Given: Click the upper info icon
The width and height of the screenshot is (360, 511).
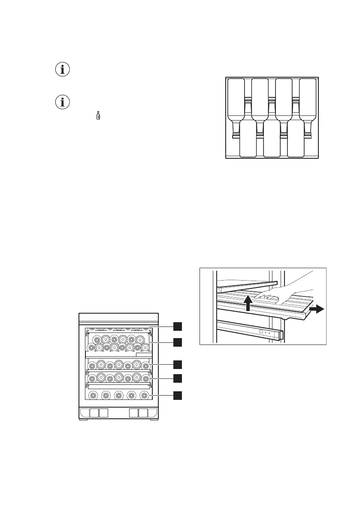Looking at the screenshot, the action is pyautogui.click(x=63, y=70).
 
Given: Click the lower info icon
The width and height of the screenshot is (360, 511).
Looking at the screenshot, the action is pyautogui.click(x=63, y=102).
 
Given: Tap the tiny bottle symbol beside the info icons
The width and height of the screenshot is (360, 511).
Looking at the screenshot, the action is pyautogui.click(x=98, y=115).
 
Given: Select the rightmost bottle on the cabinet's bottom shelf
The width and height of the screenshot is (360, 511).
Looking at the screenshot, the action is pyautogui.click(x=145, y=395).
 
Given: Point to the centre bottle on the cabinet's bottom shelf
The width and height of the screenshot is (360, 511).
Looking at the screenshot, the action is pyautogui.click(x=118, y=395).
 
